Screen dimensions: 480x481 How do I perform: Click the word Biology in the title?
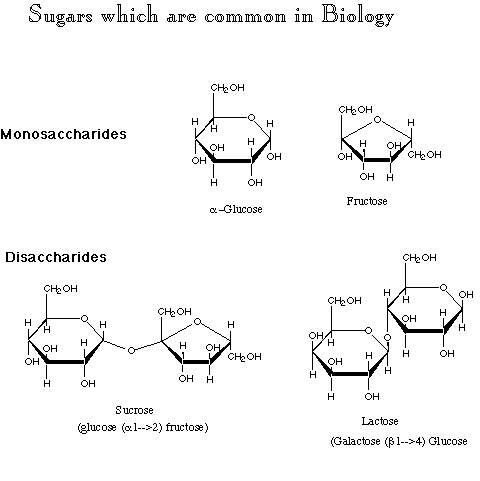[358, 16]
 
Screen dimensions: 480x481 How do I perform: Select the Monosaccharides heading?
[63, 134]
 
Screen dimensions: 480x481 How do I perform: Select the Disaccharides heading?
[56, 257]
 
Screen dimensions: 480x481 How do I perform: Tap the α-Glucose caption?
[236, 209]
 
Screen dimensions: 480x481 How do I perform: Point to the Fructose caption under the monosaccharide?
[367, 201]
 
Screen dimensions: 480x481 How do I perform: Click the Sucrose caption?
[134, 410]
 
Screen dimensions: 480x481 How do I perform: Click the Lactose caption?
[380, 421]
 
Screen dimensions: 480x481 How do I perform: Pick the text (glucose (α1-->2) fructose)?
[143, 427]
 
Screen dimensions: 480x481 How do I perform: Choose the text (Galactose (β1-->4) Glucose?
[399, 441]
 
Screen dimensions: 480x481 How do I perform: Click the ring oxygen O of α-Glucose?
[251, 117]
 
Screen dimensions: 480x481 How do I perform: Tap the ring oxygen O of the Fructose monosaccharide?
[377, 119]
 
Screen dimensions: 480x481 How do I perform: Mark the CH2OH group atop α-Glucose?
[227, 88]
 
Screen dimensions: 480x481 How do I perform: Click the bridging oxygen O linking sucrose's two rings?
[131, 350]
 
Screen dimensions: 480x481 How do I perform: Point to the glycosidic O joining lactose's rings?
[387, 338]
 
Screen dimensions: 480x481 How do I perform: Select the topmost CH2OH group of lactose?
[419, 258]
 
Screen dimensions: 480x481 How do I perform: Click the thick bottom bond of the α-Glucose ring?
[233, 161]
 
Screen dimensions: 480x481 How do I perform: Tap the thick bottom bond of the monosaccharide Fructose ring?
[377, 160]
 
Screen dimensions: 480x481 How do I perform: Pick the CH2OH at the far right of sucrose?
[244, 357]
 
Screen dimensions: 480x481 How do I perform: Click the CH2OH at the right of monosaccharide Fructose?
[424, 155]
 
